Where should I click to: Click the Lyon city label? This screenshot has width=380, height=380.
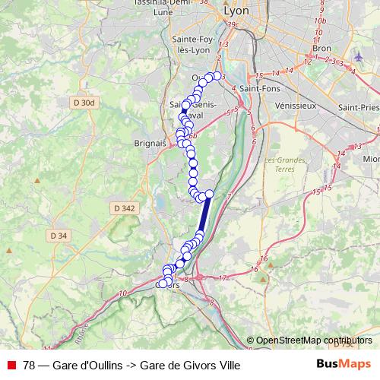pos(236,12)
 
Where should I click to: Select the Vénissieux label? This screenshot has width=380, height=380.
pos(296,106)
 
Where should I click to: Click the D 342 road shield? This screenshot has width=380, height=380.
pos(122,207)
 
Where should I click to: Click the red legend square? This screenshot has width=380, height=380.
pos(11,365)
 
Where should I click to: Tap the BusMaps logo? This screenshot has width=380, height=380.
pos(343,364)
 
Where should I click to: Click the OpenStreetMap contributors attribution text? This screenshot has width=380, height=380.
pos(314,340)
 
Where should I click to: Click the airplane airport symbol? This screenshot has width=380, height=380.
pos(359,55)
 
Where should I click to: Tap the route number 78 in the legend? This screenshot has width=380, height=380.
pos(29,365)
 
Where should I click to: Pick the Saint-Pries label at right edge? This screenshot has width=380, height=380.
pos(359,107)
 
